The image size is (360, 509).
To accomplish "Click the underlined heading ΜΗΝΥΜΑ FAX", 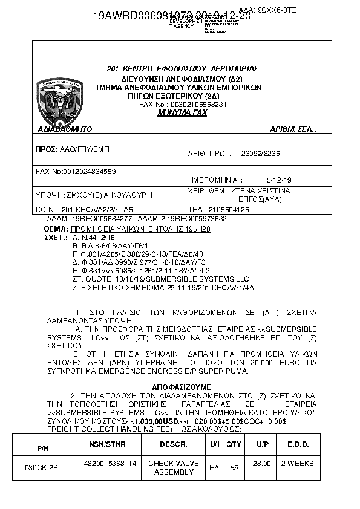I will click(x=182, y=112).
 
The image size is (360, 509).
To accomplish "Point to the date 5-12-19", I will click(x=278, y=180).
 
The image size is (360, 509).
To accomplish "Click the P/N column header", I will click(x=43, y=448).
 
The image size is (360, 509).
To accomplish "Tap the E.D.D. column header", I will click(x=298, y=444).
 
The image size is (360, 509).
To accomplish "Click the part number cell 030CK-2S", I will click(x=42, y=468).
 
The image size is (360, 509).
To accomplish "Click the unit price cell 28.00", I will click(x=261, y=463).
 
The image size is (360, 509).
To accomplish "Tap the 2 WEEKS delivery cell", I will click(x=298, y=463).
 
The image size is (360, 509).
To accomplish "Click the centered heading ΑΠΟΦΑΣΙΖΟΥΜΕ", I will click(x=181, y=386).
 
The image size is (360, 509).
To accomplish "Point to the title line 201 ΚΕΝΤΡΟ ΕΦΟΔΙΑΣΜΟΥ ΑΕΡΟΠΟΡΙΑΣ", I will click(x=182, y=68).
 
